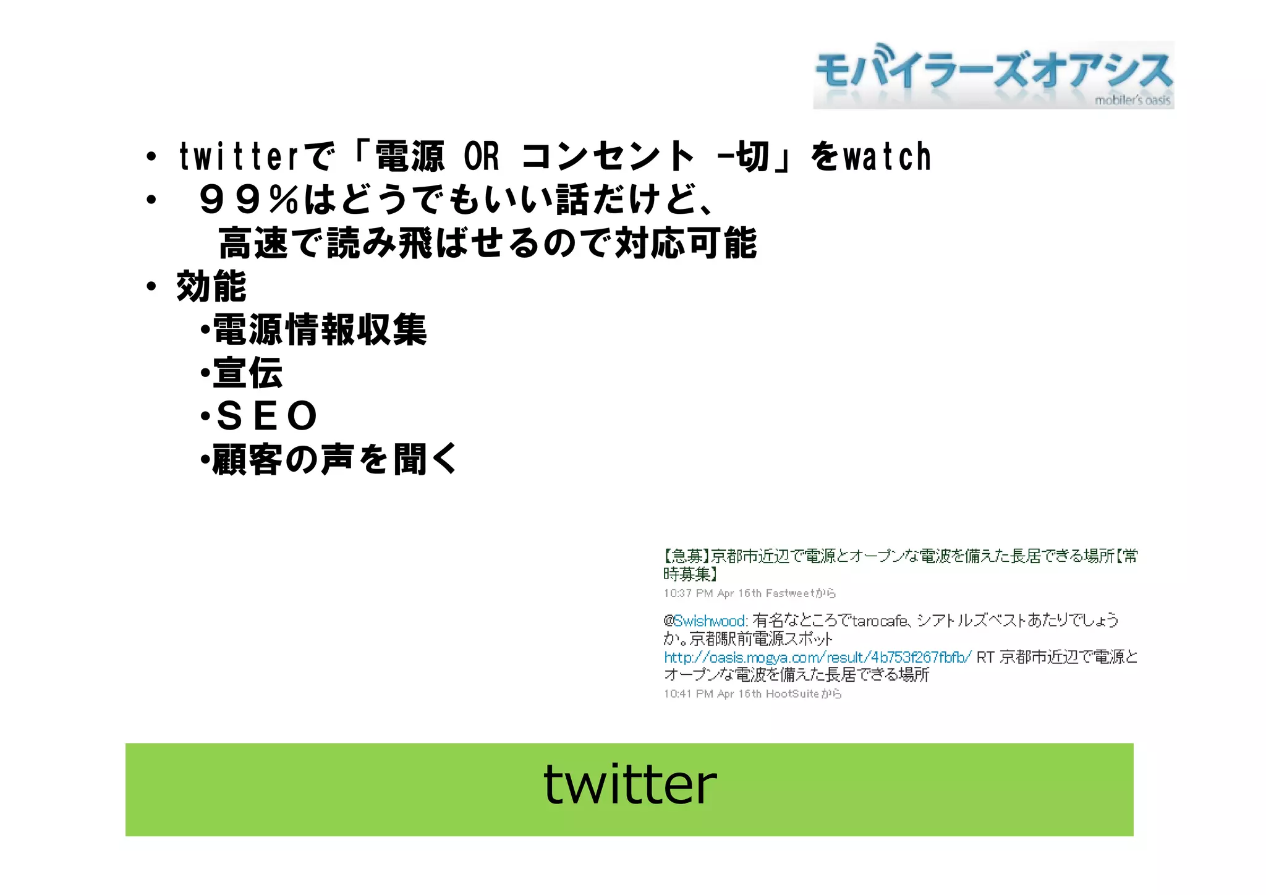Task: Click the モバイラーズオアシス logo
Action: pos(993,75)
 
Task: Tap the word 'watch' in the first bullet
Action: pos(888,157)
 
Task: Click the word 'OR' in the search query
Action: pos(481,157)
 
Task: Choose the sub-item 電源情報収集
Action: pos(320,329)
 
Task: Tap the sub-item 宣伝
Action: pos(248,373)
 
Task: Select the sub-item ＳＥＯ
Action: pos(266,416)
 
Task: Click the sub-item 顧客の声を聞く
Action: pos(334,459)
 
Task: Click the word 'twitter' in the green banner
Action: pos(630,785)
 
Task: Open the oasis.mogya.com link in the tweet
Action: pos(818,657)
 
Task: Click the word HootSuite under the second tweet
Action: pos(792,694)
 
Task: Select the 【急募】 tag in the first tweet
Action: pos(686,556)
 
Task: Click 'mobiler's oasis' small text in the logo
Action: pos(1132,100)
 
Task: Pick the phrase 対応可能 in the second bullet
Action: pos(686,243)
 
